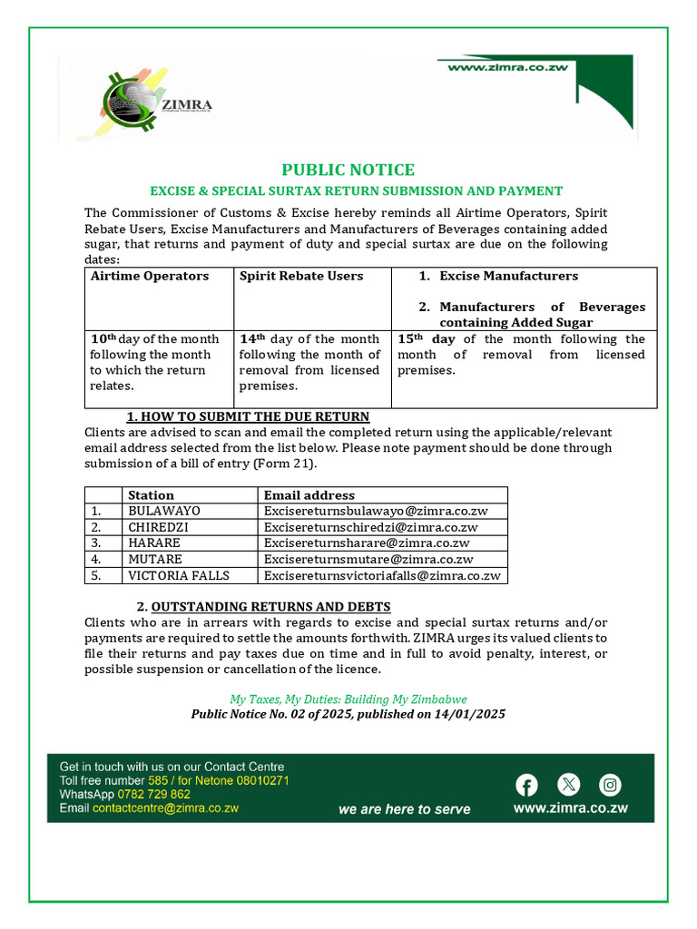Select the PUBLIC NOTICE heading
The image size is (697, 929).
pyautogui.click(x=348, y=170)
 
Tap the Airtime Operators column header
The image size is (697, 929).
pyautogui.click(x=150, y=276)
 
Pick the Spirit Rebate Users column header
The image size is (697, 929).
pyautogui.click(x=301, y=276)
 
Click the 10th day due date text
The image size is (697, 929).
pyautogui.click(x=154, y=362)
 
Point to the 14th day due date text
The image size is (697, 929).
pyautogui.click(x=309, y=362)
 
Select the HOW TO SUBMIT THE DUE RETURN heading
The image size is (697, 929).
pyautogui.click(x=248, y=416)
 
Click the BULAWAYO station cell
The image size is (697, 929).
pyautogui.click(x=164, y=511)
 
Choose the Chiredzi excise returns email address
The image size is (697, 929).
pyautogui.click(x=370, y=527)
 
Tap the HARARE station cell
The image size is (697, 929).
pyautogui.click(x=155, y=543)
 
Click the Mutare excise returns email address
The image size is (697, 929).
pyautogui.click(x=368, y=559)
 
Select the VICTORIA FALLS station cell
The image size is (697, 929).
pyautogui.click(x=179, y=575)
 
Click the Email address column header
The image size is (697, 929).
pyautogui.click(x=309, y=494)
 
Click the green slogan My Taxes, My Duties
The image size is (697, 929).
pyautogui.click(x=348, y=699)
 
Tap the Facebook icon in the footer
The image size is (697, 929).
pyautogui.click(x=526, y=785)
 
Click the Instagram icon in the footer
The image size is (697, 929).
pyautogui.click(x=611, y=785)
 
